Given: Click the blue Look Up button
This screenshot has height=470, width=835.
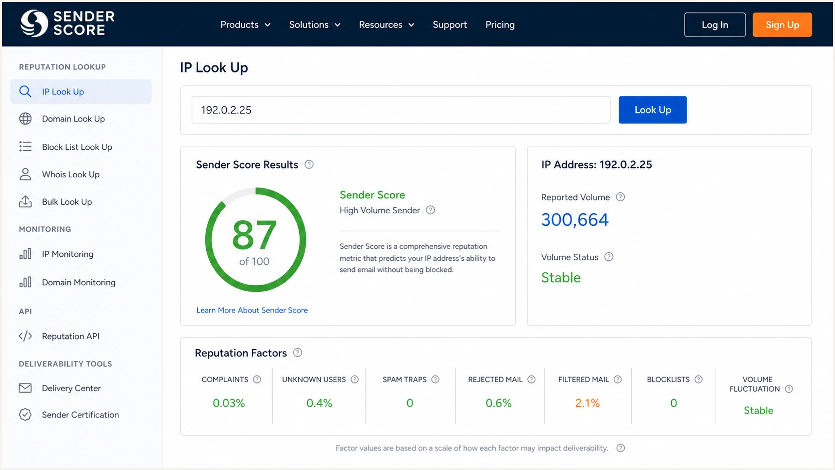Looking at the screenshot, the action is tap(652, 109).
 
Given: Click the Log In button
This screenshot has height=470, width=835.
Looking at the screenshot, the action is tap(715, 24).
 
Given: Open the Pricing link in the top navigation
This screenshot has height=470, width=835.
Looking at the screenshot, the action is tap(500, 24).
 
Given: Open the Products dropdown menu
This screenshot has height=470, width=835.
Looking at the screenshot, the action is tap(245, 24).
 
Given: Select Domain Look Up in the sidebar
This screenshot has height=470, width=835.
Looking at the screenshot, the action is tap(73, 119).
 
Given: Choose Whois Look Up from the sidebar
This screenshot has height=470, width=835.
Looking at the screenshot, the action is tap(70, 174).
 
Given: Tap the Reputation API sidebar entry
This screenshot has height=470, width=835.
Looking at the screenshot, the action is tap(70, 336).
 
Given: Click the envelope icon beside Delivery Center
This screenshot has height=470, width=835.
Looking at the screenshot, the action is tap(25, 388).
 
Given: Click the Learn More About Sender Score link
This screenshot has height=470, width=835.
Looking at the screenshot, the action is tap(252, 310).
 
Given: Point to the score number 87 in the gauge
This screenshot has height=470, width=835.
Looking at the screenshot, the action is tap(254, 235).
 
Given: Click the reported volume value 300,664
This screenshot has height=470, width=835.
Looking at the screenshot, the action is tap(575, 220).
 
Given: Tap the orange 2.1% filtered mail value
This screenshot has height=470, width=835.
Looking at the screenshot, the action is tap(587, 403).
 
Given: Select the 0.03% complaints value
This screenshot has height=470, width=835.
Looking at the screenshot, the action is tap(229, 403).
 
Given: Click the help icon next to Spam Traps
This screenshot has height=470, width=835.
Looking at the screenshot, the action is tap(435, 380).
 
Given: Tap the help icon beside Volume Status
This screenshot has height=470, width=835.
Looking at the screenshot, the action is tap(609, 257).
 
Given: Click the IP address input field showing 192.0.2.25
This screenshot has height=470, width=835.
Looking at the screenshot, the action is tap(401, 110).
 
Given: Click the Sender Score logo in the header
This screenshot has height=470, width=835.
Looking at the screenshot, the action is tap(67, 23).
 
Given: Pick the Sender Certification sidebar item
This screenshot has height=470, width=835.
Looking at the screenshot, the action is tap(80, 415).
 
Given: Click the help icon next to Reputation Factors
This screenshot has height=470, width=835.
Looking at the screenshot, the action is tap(298, 353).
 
